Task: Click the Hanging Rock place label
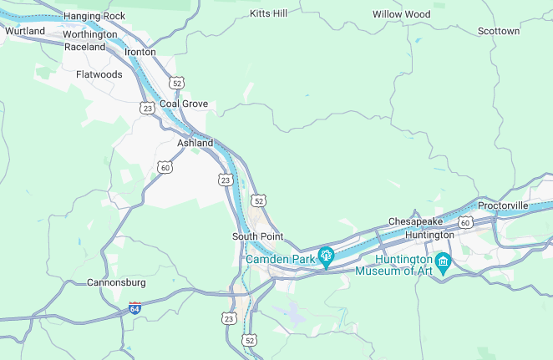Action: click(x=94, y=16)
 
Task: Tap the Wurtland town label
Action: click(x=25, y=31)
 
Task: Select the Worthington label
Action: click(x=89, y=35)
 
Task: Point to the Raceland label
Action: click(x=85, y=47)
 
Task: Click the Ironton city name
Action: click(x=140, y=52)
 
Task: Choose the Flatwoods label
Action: click(x=99, y=74)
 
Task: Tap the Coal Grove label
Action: click(x=184, y=104)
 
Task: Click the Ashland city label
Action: click(x=195, y=143)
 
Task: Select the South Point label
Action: click(x=258, y=236)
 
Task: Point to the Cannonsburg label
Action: click(x=117, y=282)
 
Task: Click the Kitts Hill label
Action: click(x=268, y=14)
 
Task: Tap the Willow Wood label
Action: click(x=401, y=15)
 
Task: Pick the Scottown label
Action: click(x=499, y=31)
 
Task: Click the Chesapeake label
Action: click(x=415, y=221)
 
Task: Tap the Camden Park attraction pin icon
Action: click(x=326, y=256)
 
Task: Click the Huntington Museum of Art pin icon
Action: click(x=444, y=261)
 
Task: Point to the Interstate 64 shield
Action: click(x=134, y=308)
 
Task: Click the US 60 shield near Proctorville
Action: click(x=465, y=222)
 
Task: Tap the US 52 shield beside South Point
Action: click(x=259, y=201)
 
